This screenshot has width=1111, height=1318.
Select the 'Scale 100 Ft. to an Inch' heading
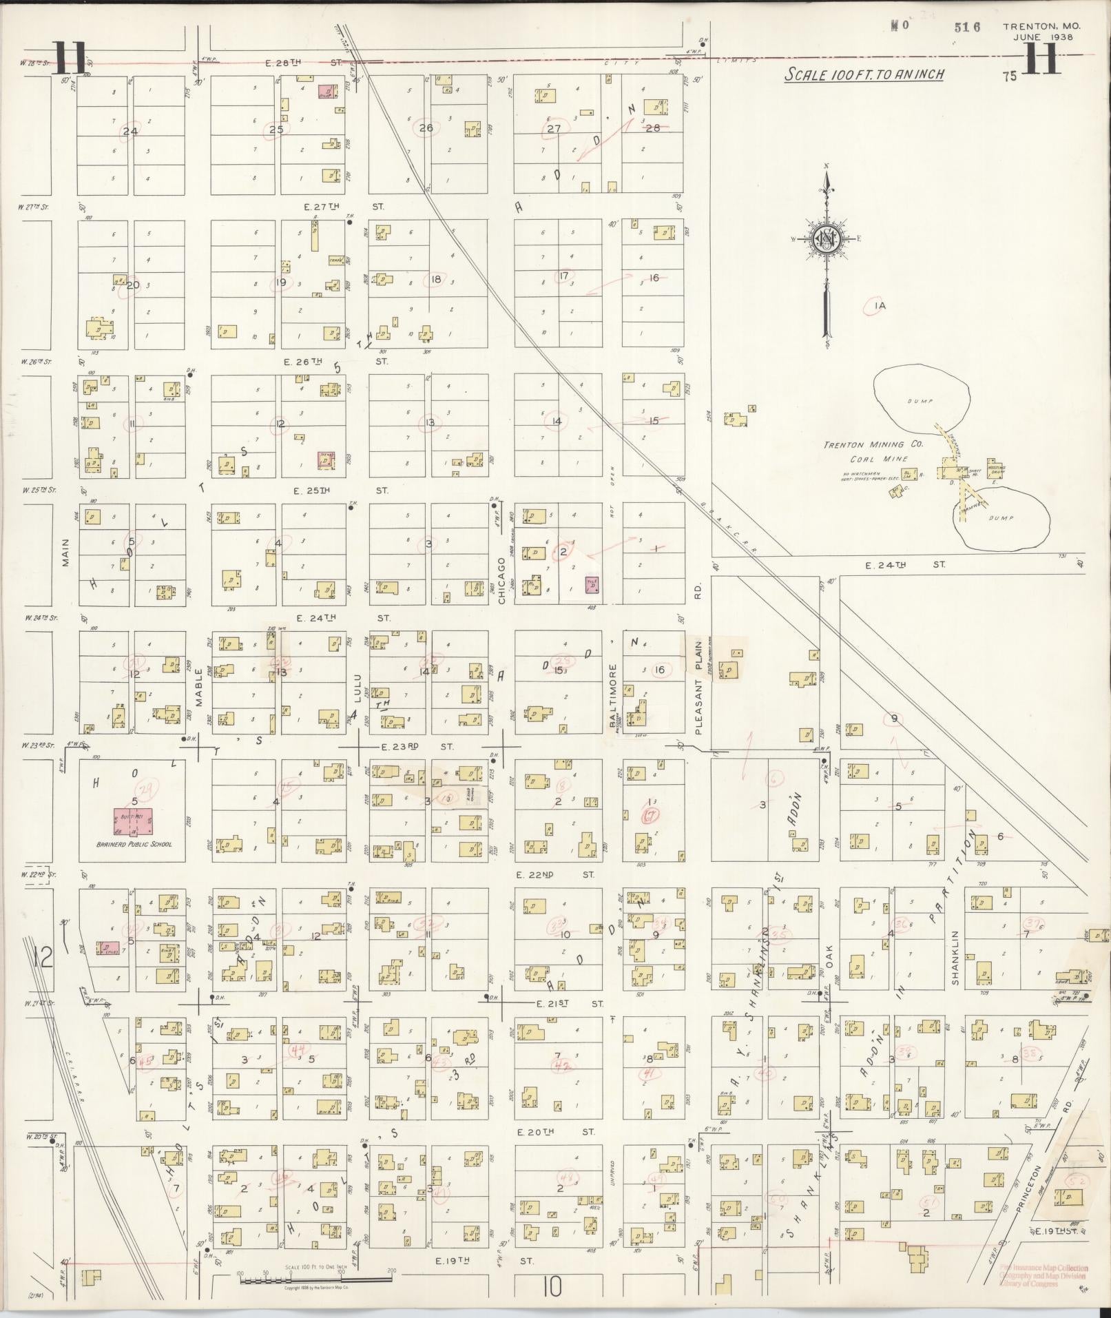point(864,74)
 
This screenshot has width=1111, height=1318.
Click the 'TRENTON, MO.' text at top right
point(1041,26)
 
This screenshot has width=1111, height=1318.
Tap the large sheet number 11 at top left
point(71,59)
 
